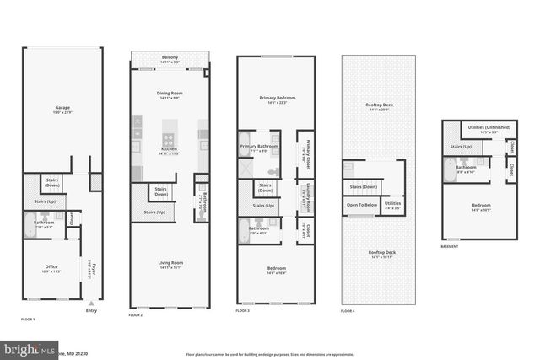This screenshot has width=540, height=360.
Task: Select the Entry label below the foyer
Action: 92,309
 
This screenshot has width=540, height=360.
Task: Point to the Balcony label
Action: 170,57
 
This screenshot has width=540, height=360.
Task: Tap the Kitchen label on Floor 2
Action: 170,151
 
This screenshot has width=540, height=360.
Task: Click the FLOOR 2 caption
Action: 136,314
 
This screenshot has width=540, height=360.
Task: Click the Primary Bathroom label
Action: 259,147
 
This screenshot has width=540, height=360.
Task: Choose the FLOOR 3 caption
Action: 244,311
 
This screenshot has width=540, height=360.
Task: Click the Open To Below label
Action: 361,204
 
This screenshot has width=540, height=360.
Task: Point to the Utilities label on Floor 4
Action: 392,203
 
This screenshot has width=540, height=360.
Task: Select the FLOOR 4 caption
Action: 348,311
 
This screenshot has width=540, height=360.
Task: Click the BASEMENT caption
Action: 450,246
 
